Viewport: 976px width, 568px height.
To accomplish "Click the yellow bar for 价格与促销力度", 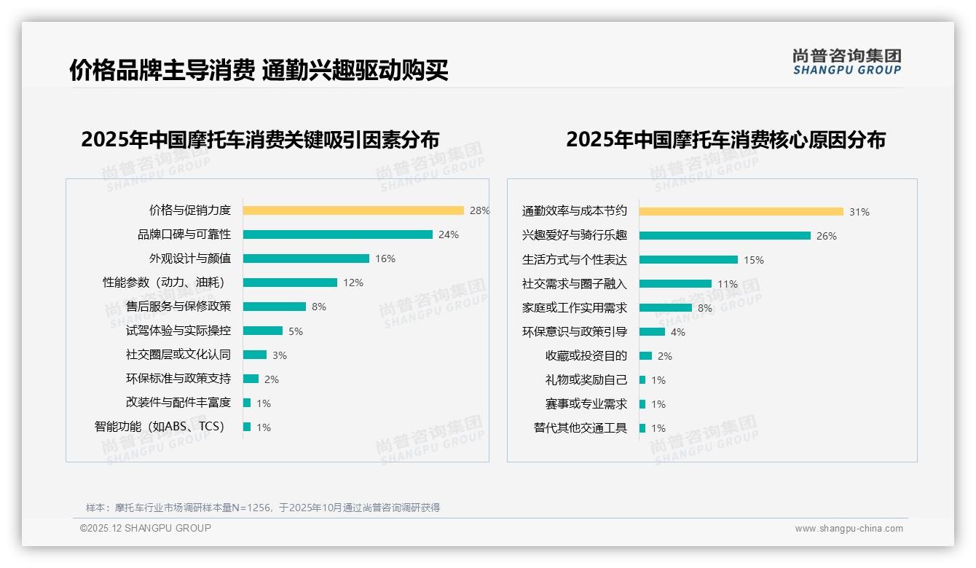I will (353, 210).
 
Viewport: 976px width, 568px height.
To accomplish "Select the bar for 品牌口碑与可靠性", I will (338, 234).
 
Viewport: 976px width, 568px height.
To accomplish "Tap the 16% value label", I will (385, 259).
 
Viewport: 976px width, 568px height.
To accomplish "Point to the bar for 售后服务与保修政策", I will (275, 307).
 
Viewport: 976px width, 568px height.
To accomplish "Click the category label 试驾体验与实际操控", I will (178, 331).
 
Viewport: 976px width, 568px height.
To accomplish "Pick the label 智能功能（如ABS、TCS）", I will (160, 427).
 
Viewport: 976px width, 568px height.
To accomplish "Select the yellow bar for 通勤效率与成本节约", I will (741, 212).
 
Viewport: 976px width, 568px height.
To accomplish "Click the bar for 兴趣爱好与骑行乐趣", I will (725, 236).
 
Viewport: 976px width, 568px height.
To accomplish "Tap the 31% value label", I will (859, 212).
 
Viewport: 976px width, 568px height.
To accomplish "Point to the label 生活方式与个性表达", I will (575, 260).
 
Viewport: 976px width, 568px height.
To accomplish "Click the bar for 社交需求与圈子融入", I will (675, 284).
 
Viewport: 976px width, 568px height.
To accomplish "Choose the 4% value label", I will (678, 332).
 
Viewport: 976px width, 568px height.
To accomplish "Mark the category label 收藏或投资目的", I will (586, 356).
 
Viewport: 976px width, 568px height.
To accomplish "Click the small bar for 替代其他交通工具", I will (642, 428).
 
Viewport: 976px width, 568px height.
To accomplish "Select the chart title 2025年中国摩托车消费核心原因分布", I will (725, 140).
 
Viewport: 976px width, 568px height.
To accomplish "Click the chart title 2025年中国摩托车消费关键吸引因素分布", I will (260, 140).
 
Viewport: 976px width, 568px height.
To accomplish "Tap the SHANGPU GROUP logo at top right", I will (847, 62).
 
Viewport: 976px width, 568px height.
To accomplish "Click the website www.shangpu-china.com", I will (849, 529).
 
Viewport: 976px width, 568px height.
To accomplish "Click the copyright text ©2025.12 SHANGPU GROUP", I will (146, 528).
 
